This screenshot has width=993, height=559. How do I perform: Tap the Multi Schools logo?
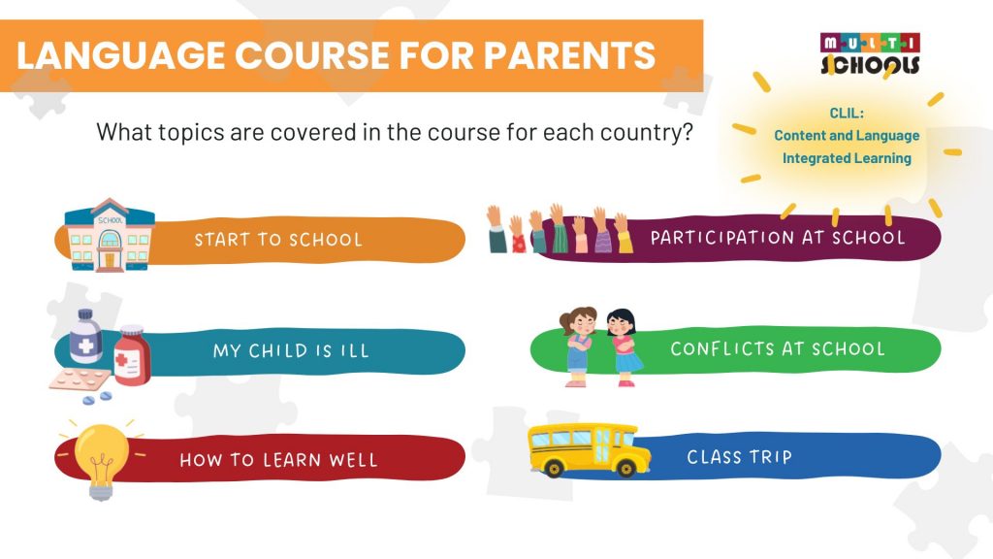[x=870, y=53]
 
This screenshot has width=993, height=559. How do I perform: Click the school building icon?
[x=109, y=234]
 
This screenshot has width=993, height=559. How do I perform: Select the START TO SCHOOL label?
[x=278, y=240]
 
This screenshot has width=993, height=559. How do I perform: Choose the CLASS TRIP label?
[x=739, y=456]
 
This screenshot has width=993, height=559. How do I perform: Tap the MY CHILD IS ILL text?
[x=291, y=350]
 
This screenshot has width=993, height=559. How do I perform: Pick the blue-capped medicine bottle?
[x=86, y=338]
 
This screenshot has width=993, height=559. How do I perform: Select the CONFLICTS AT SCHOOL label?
[x=778, y=348]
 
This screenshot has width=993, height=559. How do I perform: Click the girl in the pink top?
[x=580, y=345]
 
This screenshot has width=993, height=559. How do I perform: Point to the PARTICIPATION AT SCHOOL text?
[x=778, y=238]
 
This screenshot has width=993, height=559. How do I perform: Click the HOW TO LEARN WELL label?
[x=278, y=459]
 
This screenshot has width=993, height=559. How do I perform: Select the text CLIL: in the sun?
[x=846, y=113]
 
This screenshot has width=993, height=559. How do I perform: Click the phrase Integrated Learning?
[x=847, y=157]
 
